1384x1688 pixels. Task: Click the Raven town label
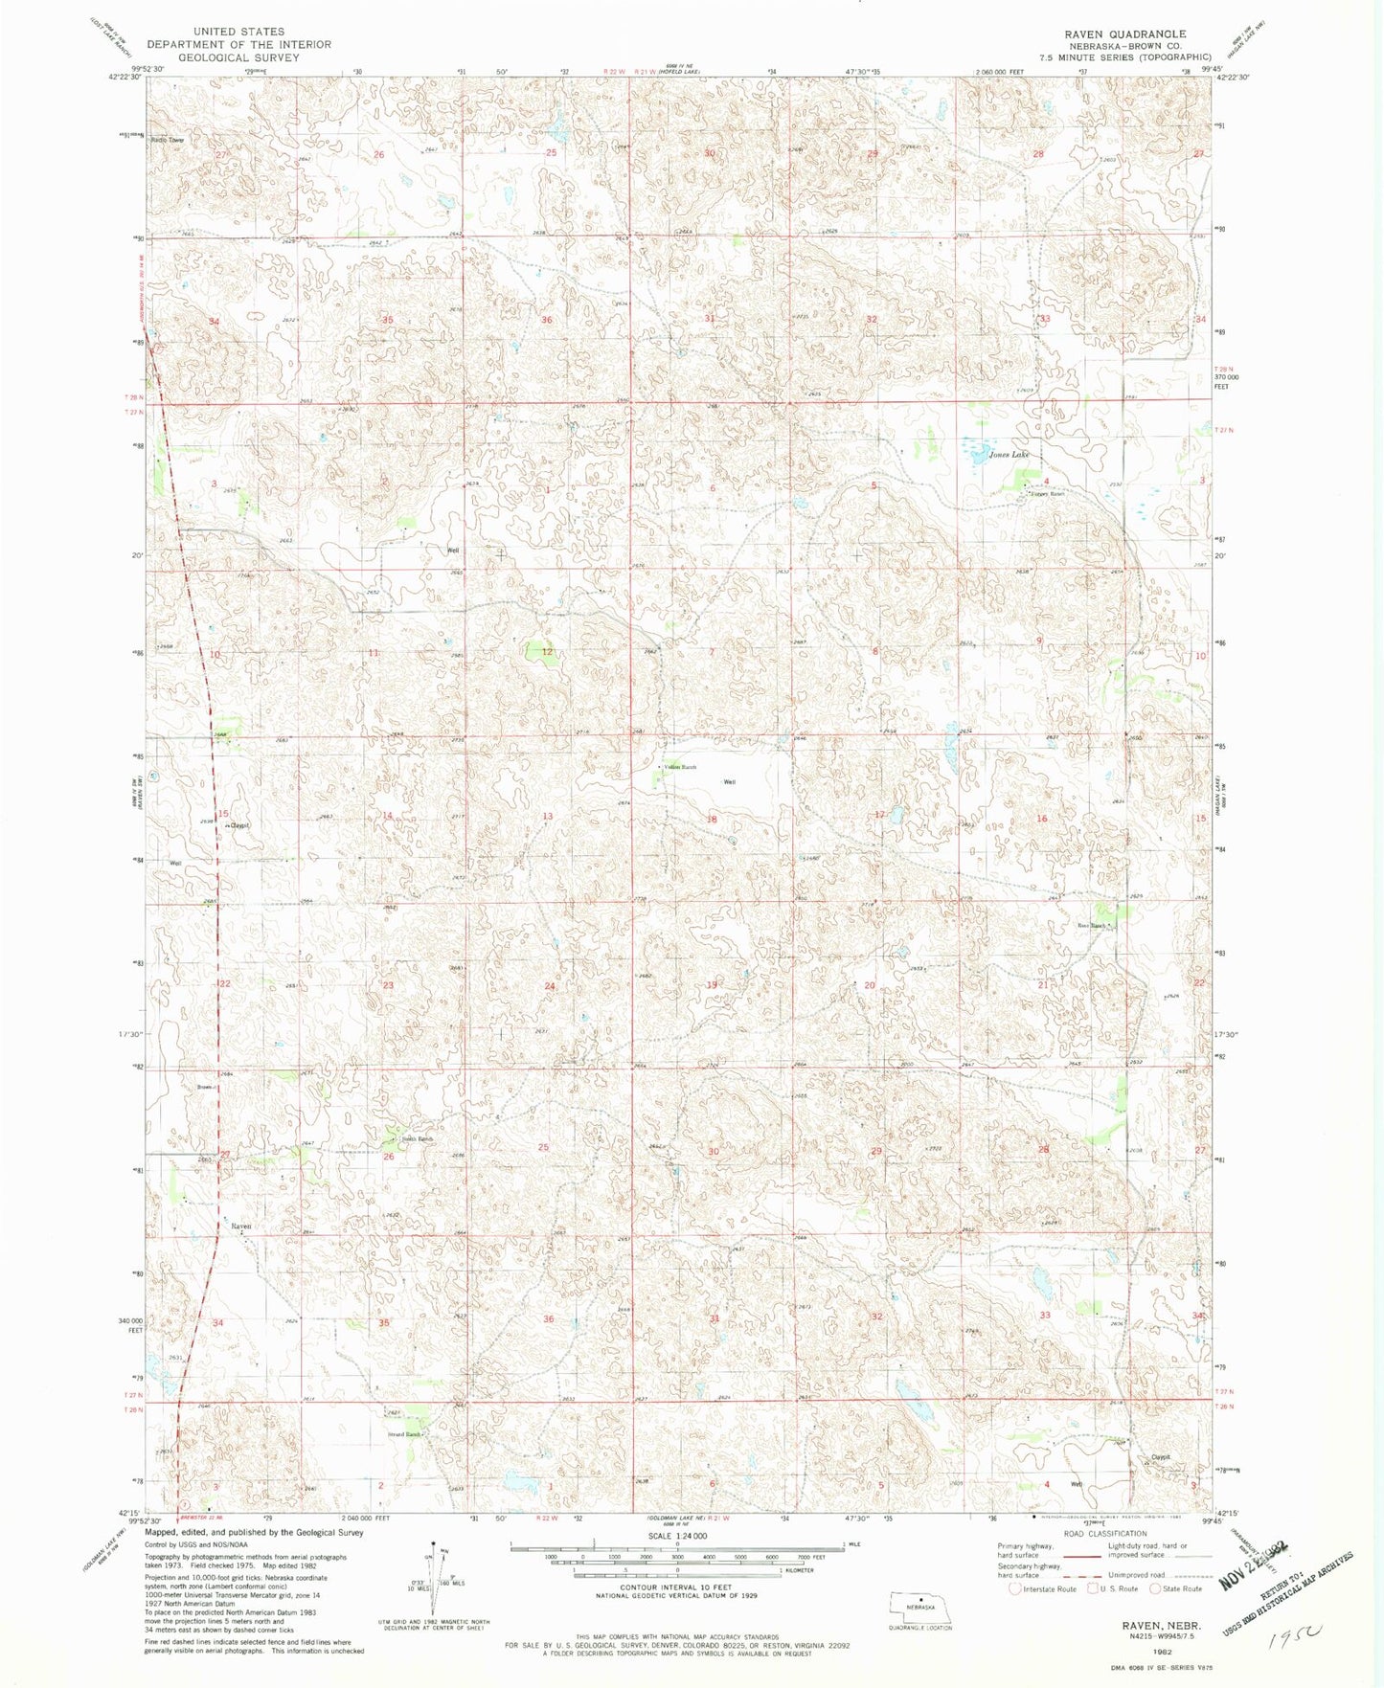[240, 1227]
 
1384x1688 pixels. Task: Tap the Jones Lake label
[1009, 455]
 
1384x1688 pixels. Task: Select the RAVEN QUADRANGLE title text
[1124, 34]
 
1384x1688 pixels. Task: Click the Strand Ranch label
[403, 1434]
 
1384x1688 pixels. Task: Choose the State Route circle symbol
[1155, 1588]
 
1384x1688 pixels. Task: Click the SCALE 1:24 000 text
[677, 1536]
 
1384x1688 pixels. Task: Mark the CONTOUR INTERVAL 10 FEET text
[677, 1587]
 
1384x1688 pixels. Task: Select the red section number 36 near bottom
[549, 1319]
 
